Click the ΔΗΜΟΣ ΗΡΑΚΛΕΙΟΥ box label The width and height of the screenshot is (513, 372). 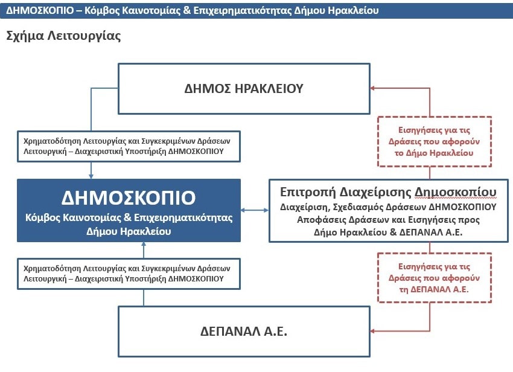[x=244, y=88]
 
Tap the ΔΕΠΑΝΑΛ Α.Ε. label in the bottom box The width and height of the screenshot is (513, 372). [x=244, y=332]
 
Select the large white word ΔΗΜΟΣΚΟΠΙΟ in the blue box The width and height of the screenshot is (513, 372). [x=129, y=197]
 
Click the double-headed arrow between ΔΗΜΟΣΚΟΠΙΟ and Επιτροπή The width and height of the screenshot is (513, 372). [x=255, y=210]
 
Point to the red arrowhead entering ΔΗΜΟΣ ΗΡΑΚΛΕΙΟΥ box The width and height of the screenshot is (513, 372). [x=372, y=88]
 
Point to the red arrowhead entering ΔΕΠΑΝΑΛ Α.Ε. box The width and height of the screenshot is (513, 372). [x=372, y=331]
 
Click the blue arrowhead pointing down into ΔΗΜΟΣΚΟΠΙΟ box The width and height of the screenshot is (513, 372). [x=91, y=176]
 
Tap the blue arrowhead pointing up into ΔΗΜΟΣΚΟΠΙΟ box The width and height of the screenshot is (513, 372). [x=144, y=245]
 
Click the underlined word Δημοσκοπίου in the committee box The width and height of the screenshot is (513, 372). [x=456, y=192]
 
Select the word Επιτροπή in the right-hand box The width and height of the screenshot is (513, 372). [x=308, y=192]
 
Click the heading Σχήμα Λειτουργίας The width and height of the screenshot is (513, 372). [x=63, y=36]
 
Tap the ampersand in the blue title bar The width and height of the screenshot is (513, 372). [x=187, y=10]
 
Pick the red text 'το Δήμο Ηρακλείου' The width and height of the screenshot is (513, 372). [x=434, y=153]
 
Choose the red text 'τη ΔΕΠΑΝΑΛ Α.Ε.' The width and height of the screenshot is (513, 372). [x=434, y=289]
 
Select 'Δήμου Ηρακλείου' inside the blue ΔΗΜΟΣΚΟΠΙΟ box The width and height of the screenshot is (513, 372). [x=129, y=231]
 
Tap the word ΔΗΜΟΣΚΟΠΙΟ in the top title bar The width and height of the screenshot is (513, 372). [x=40, y=10]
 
